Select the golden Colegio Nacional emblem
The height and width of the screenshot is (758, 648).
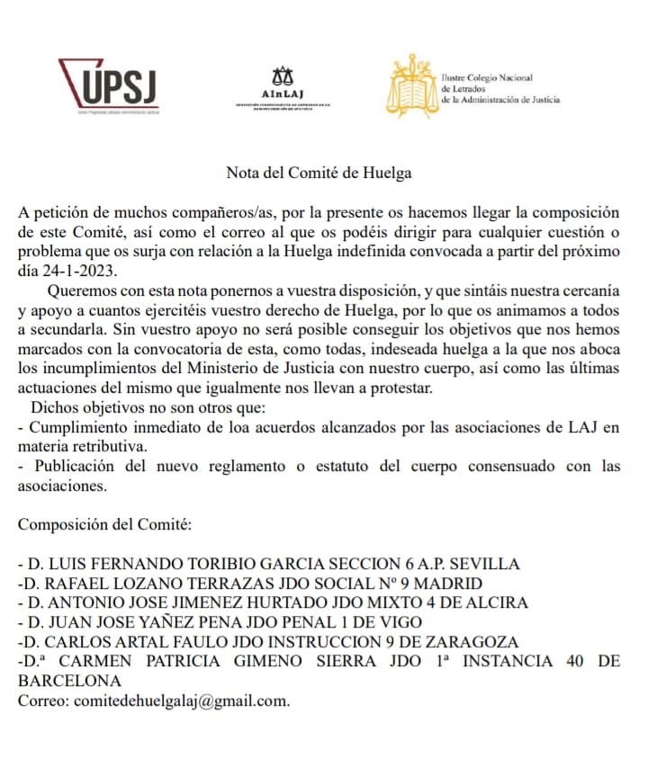[x=413, y=86]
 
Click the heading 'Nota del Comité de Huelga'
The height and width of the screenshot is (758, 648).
[x=319, y=172]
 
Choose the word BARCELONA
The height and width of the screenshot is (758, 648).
[x=70, y=681]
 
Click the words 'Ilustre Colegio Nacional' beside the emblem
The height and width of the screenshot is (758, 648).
[x=487, y=78]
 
